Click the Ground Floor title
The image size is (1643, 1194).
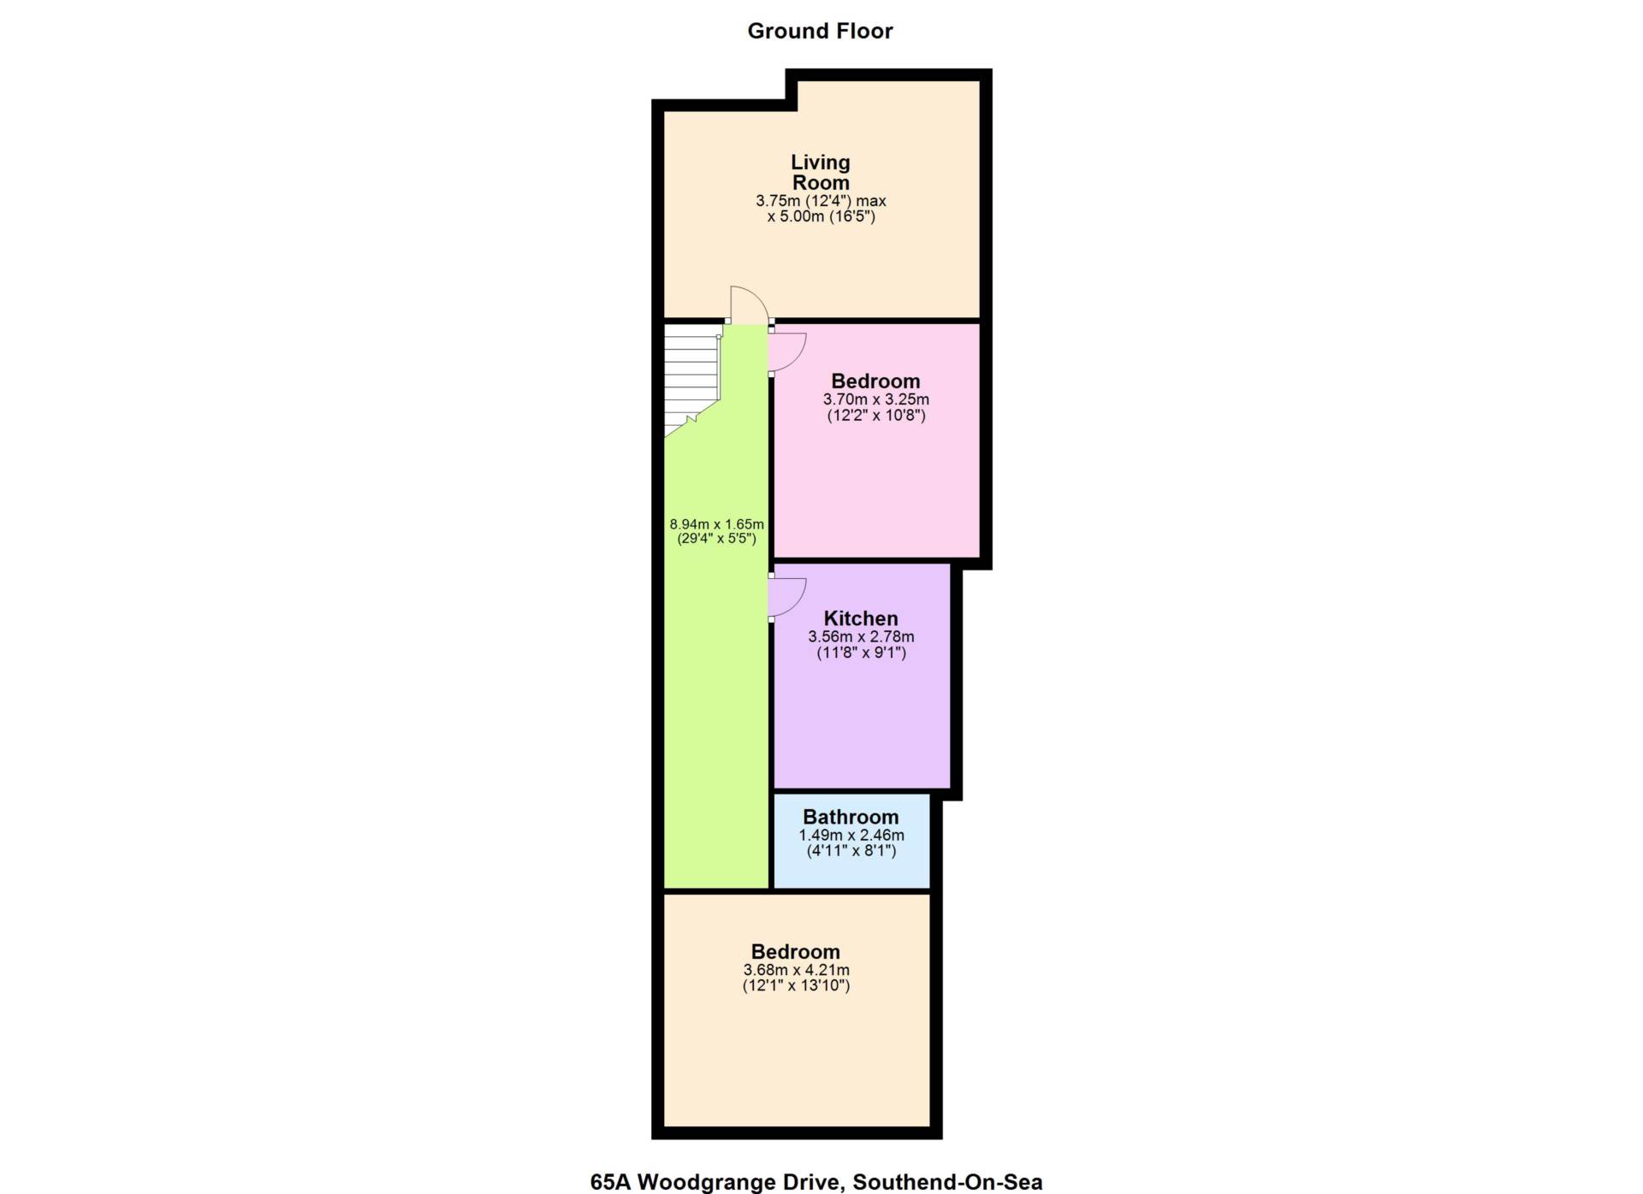(820, 31)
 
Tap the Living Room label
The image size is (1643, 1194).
(820, 172)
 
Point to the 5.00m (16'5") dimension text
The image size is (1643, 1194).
(821, 216)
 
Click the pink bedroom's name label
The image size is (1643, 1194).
(875, 381)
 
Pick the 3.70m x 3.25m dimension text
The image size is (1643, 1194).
(875, 399)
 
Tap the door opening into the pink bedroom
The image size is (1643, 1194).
(787, 351)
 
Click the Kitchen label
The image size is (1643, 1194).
(861, 618)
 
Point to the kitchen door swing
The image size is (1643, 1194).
(787, 597)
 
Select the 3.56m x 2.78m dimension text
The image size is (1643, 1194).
(861, 637)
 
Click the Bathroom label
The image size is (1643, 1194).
(851, 817)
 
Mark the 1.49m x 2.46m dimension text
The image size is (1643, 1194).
(851, 836)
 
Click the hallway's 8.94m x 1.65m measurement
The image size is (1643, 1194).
(716, 524)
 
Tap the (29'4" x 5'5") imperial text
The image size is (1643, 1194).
(716, 539)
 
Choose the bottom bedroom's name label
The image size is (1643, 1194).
(795, 952)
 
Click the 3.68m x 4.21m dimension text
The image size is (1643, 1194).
(796, 970)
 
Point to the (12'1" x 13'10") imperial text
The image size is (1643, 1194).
(796, 985)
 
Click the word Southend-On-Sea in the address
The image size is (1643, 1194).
(947, 1182)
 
